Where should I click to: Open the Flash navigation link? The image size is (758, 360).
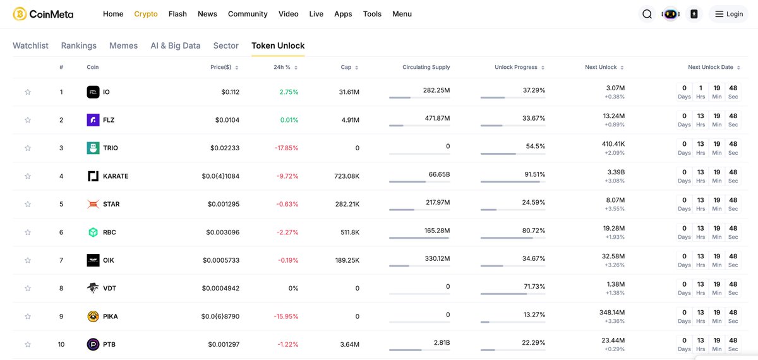177,14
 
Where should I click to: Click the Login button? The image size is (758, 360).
728,14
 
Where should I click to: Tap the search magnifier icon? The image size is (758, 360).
647,14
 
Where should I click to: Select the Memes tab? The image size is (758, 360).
123,45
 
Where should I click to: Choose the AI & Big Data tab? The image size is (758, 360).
175,45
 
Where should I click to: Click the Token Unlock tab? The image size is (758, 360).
278,45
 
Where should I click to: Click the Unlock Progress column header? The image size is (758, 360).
516,67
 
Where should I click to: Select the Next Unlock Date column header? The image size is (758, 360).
711,67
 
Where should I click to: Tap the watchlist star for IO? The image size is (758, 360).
28,92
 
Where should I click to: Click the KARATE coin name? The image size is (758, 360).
116,176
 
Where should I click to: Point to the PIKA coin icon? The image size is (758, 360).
93,316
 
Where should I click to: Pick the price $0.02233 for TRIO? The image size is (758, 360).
225,148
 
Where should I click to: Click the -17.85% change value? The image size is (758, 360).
287,148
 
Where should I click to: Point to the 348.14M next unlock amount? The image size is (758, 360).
612,312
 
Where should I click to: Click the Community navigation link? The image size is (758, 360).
248,14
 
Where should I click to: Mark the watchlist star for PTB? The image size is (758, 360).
28,345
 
